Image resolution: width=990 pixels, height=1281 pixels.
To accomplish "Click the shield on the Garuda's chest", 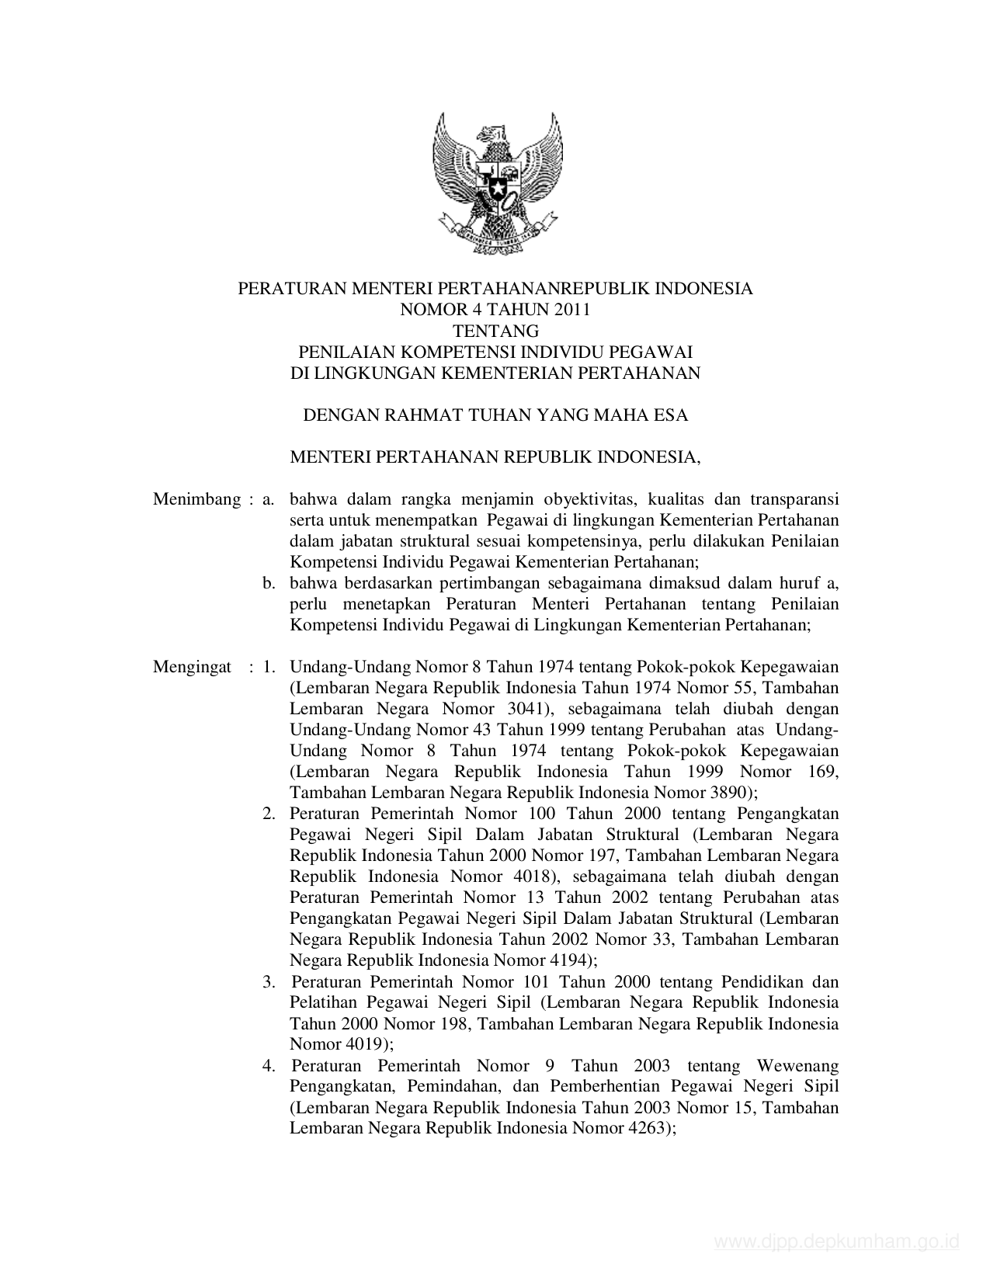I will (x=495, y=183).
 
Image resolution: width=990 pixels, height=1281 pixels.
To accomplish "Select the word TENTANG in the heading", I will (x=495, y=331).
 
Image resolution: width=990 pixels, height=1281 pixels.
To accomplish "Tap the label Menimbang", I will (x=196, y=499).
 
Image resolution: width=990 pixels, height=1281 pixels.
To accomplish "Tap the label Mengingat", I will (x=192, y=667).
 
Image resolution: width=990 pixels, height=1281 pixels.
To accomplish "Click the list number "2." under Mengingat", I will (x=269, y=814).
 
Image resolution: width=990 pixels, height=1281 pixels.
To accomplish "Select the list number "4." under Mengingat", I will (x=269, y=1066).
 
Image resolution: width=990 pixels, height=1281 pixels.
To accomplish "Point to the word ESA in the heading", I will (x=672, y=415).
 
